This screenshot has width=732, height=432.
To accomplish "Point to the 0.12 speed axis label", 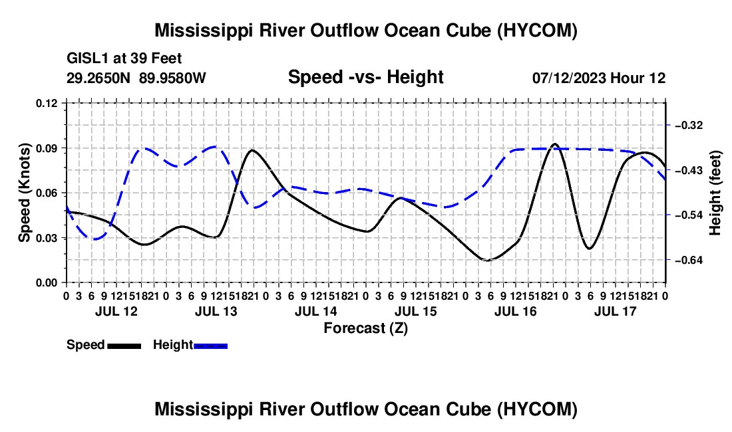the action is click(x=47, y=103).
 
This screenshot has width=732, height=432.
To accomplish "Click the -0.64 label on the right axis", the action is click(x=689, y=260).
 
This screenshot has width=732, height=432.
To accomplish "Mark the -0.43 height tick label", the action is click(x=689, y=170).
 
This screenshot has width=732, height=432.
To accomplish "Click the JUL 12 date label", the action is click(x=116, y=311).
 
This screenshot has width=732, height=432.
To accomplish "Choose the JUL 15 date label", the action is click(x=415, y=311).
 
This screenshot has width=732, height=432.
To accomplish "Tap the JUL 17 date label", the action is click(x=616, y=311).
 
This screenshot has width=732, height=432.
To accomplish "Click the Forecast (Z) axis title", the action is click(x=366, y=328).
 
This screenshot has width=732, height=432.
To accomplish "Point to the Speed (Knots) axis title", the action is click(x=24, y=193).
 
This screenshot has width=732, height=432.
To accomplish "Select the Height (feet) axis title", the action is click(x=715, y=193).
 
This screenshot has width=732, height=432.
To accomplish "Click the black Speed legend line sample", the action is click(x=124, y=346).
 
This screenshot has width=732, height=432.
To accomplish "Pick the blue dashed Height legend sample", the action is click(x=210, y=346).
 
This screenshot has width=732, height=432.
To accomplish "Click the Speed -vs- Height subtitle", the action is click(x=365, y=77).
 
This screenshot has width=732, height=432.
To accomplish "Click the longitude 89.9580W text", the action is click(x=172, y=78).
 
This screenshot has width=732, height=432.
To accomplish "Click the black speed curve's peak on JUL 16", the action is click(x=554, y=144).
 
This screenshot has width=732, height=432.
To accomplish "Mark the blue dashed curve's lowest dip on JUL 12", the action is click(x=95, y=239).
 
